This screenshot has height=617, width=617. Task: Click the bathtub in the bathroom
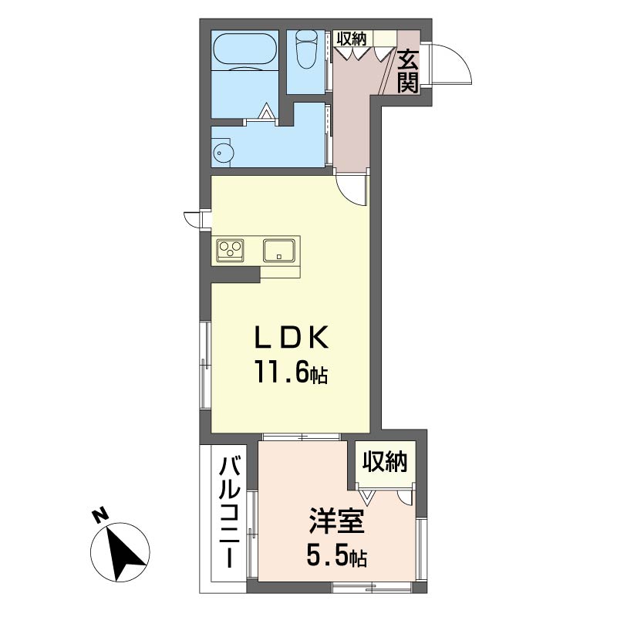pos(244,51)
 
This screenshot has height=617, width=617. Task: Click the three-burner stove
pos(230,250)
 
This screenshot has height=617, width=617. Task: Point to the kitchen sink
pos(279,250)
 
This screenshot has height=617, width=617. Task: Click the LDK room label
pos(292,338)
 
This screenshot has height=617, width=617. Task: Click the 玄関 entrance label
pos(408,72)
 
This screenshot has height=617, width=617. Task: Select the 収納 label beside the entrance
pos(352,39)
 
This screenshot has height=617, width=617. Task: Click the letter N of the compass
pos(100,516)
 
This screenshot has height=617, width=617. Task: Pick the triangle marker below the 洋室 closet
pos(368,497)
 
